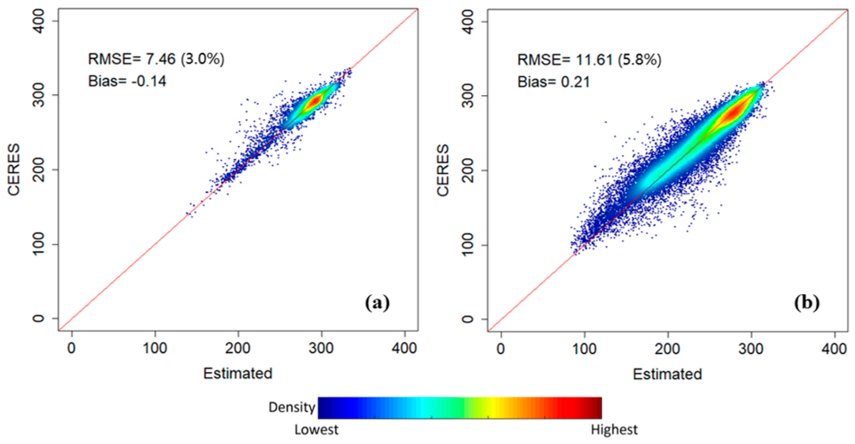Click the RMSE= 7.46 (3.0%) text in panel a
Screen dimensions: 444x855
tap(156, 59)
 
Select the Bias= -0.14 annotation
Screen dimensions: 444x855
tap(127, 81)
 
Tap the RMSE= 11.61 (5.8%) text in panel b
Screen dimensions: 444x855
tap(589, 60)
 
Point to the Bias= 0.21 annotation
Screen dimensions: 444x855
tap(554, 82)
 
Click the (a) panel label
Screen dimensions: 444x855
tap(378, 303)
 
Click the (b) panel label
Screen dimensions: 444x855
tap(807, 303)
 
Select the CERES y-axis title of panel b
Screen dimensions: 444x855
tap(443, 170)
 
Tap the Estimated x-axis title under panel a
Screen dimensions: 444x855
tap(238, 373)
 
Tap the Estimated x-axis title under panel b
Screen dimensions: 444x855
tap(667, 374)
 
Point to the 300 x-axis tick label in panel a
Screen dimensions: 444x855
tap(321, 349)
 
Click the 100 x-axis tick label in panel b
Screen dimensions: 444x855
tap(584, 349)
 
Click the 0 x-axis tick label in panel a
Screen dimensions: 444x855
tap(71, 349)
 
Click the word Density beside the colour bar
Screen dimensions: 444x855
tap(292, 407)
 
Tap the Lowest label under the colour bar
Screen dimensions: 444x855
tap(316, 430)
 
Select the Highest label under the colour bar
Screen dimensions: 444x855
tap(614, 430)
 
